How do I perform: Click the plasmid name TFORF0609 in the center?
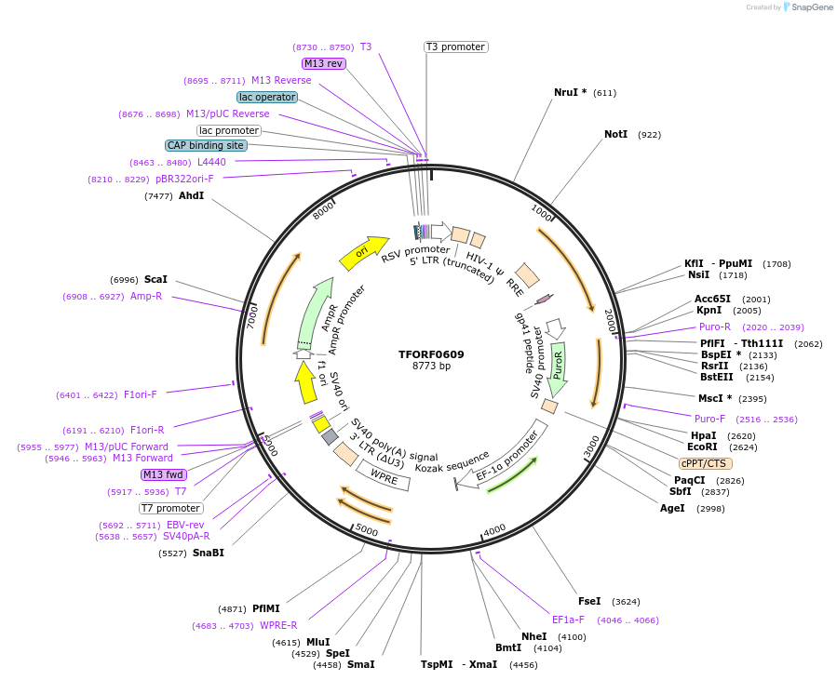(x=431, y=353)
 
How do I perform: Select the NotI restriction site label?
(x=615, y=135)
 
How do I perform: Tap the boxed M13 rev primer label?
(x=324, y=63)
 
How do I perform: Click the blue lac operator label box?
(x=267, y=97)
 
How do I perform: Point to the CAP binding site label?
(x=206, y=145)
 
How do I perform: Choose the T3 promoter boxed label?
(x=455, y=47)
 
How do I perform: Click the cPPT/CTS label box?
(x=705, y=463)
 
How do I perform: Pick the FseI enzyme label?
(x=589, y=601)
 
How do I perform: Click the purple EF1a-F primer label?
(x=568, y=620)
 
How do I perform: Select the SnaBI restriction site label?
(x=209, y=553)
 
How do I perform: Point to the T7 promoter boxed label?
(x=170, y=508)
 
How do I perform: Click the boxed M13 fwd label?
(x=164, y=474)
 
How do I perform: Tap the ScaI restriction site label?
(x=155, y=279)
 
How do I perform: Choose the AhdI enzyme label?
(x=191, y=195)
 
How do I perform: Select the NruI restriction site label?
(x=570, y=92)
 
